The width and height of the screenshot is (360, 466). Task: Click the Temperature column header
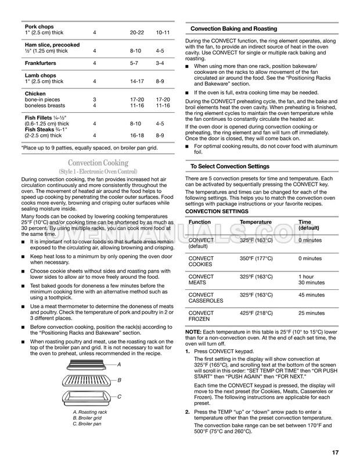[255, 222]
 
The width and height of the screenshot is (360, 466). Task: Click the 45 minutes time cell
[313, 295]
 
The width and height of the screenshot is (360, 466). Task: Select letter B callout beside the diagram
[118, 380]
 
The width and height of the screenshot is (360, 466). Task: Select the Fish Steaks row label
[40, 129]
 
